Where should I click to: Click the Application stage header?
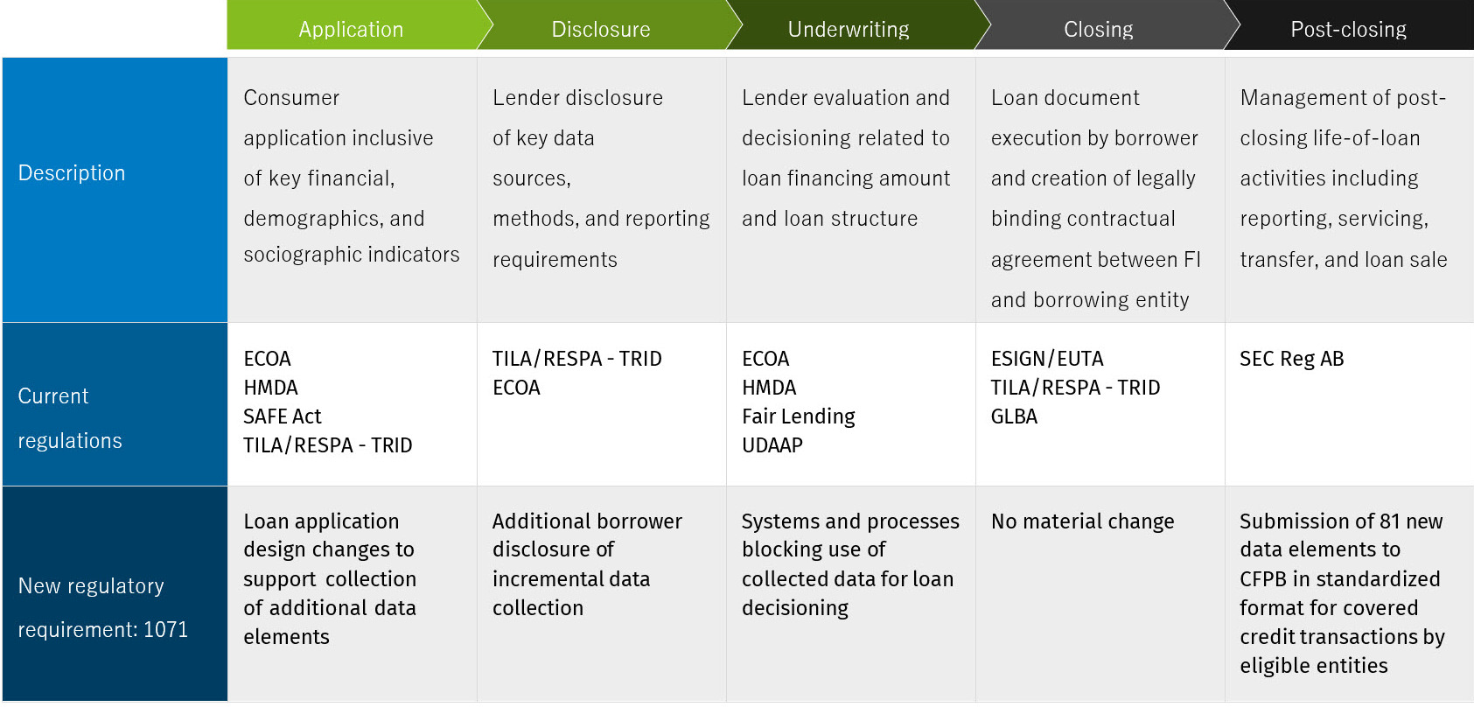[x=351, y=29]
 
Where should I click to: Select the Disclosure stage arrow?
[x=601, y=29]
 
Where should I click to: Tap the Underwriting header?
[x=849, y=29]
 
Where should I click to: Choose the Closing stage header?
[x=1098, y=29]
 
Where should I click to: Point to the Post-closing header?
[x=1348, y=29]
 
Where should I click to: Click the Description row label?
[x=71, y=172]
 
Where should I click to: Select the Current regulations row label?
[x=70, y=418]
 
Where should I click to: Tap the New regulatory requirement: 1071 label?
[x=102, y=607]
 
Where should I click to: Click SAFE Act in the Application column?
[x=283, y=416]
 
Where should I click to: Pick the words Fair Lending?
[x=798, y=416]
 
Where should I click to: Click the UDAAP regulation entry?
[x=772, y=445]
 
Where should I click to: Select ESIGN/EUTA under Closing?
[x=1047, y=359]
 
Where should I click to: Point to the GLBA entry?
[x=1014, y=416]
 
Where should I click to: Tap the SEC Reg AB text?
[x=1292, y=359]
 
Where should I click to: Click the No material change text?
[x=1082, y=521]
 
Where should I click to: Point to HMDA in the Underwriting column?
[x=769, y=387]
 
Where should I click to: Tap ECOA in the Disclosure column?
[x=517, y=387]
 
